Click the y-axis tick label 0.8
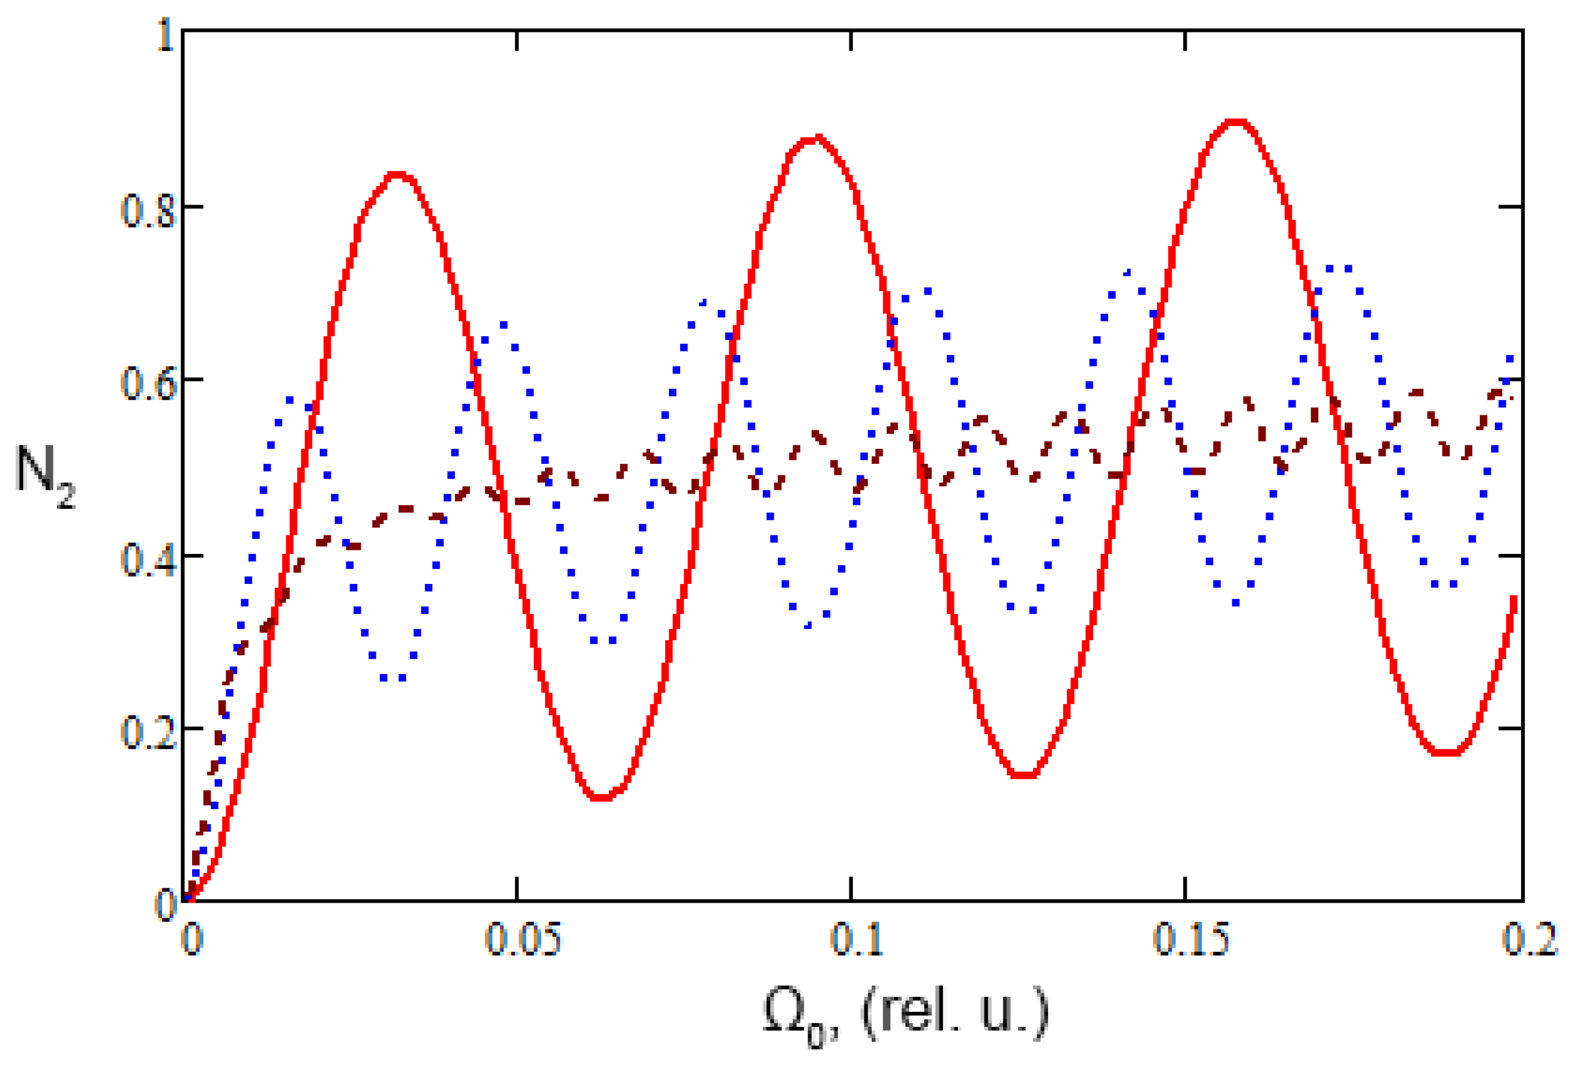click(148, 211)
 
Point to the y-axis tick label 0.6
click(148, 384)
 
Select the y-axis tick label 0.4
click(148, 560)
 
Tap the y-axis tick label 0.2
click(148, 733)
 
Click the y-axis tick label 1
click(165, 35)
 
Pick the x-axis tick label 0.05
click(523, 939)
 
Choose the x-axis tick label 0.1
click(857, 939)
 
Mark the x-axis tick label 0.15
click(1190, 939)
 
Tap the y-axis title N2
click(44, 473)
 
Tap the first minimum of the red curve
click(601, 798)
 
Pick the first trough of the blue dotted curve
click(393, 677)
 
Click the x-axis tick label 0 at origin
click(192, 939)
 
